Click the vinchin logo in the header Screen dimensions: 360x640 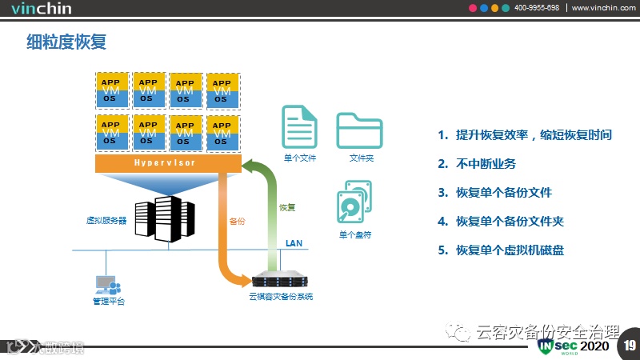click(x=42, y=10)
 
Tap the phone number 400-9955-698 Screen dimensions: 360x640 click(x=536, y=8)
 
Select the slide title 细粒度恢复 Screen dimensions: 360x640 click(x=66, y=42)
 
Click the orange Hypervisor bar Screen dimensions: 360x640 click(x=168, y=163)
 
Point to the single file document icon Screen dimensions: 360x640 click(x=300, y=126)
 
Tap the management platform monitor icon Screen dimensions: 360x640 click(x=107, y=286)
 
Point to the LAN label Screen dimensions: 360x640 click(x=294, y=242)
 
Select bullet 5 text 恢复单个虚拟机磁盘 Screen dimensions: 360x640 click(x=510, y=250)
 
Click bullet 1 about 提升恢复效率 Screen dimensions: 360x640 click(x=534, y=135)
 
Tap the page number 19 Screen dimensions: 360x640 click(x=630, y=346)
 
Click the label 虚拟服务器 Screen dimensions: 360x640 click(x=106, y=219)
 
